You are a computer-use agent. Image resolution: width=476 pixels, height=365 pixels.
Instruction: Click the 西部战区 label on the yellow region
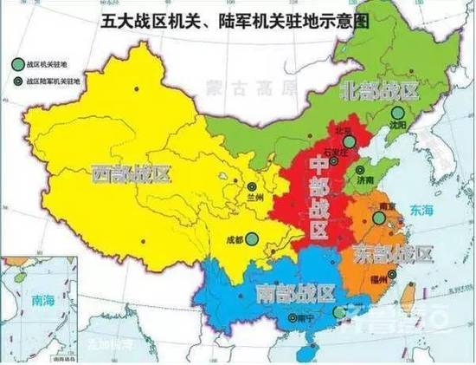coord(131,174)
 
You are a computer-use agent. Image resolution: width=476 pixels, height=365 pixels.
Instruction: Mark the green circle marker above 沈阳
coord(396,112)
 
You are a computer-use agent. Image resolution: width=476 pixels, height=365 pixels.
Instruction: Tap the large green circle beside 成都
coord(251,238)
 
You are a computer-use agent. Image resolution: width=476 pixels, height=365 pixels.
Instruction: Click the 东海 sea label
coord(422,209)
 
